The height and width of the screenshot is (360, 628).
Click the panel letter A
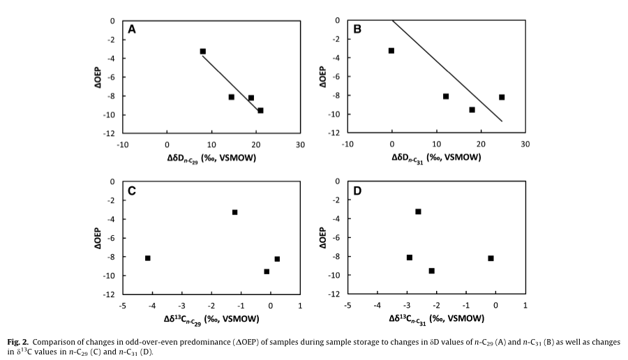coord(131,29)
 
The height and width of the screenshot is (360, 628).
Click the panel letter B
coord(357,29)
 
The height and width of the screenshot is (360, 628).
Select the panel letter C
coord(131,190)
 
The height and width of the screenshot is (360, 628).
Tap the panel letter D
coord(357,190)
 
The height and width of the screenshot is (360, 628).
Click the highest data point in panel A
coord(202,51)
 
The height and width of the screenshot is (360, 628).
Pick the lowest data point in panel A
coord(260,110)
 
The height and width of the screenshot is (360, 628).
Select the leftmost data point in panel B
coord(391,50)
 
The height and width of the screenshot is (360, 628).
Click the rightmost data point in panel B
coord(502,97)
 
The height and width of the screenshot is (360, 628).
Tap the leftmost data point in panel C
coord(147,258)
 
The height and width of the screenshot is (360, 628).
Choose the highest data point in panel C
coord(235,212)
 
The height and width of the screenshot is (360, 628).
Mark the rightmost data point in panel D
coord(491,258)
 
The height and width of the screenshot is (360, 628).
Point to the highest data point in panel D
coord(418,211)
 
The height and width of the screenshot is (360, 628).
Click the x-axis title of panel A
coord(211,158)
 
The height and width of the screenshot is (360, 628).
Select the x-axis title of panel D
coord(435,319)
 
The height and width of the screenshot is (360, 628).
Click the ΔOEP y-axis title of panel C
coord(98,238)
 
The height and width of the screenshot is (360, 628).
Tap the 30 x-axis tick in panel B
coord(525,144)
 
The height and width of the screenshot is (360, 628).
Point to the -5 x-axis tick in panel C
coord(123,305)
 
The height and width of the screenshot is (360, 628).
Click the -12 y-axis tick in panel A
coord(110,133)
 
